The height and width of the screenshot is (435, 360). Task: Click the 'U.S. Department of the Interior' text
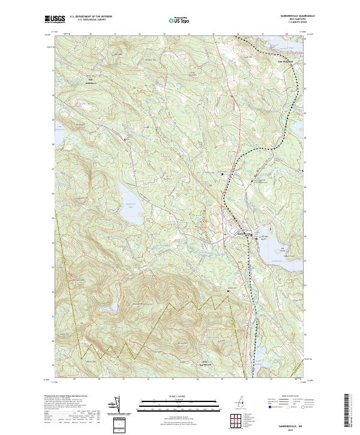[x=91, y=17]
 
